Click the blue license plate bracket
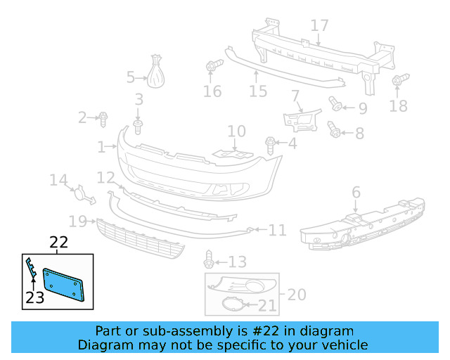[65, 284]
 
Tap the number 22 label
[58, 243]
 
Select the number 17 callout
[319, 26]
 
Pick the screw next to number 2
[103, 117]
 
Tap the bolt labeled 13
[209, 260]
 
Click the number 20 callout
[297, 294]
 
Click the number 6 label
[356, 192]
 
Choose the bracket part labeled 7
[301, 117]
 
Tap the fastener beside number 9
[336, 105]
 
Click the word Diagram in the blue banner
[103, 345]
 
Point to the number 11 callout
[277, 230]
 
